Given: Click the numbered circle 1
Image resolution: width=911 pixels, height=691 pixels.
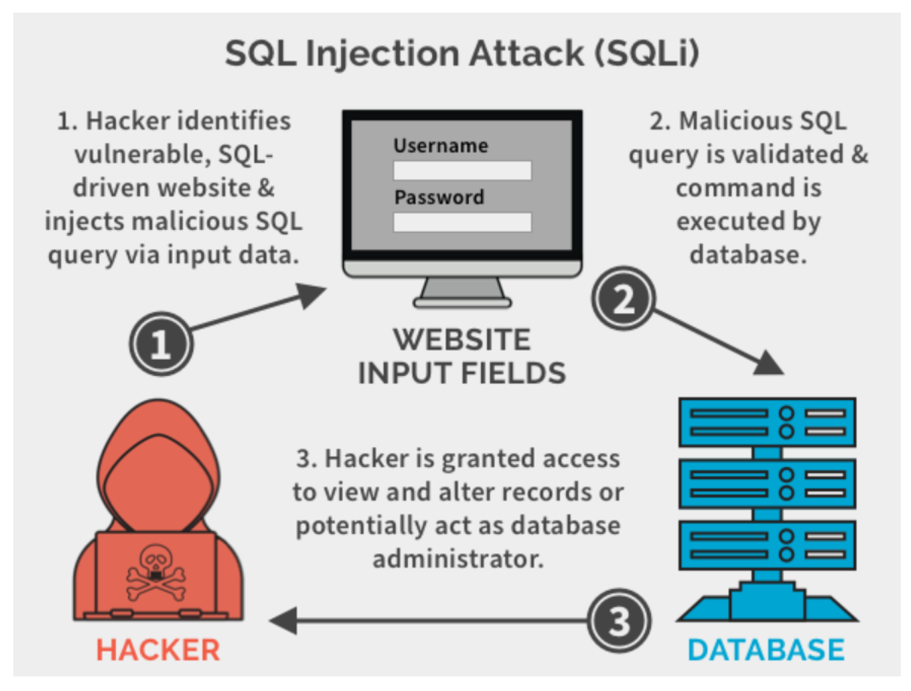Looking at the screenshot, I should click(161, 343).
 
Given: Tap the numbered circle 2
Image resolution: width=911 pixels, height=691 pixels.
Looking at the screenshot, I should click(623, 298).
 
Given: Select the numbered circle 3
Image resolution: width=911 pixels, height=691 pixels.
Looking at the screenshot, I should click(619, 620).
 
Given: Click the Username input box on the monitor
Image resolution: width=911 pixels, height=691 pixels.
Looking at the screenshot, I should click(462, 171).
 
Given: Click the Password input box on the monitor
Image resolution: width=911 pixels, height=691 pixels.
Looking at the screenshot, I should click(462, 222).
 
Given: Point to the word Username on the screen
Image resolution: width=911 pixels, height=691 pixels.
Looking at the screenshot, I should click(440, 146).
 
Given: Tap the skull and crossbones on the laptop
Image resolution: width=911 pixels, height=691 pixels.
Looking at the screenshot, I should click(156, 573).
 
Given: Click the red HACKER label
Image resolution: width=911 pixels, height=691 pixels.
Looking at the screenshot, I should click(158, 650).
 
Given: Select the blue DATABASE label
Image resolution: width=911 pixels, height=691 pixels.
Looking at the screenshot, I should click(766, 650).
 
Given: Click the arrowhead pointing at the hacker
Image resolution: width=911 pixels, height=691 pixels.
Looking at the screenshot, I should click(284, 620).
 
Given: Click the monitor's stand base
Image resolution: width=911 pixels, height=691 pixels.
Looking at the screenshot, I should click(462, 304).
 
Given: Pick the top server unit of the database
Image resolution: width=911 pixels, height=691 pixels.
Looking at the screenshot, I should click(767, 423).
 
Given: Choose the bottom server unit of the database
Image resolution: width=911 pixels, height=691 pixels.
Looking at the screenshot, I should click(767, 545).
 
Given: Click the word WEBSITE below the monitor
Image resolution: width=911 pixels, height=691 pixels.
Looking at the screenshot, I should click(462, 340).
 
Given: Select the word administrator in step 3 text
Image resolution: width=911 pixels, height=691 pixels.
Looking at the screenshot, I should click(458, 560).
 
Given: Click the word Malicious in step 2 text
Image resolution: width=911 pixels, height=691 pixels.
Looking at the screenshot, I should click(735, 122).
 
